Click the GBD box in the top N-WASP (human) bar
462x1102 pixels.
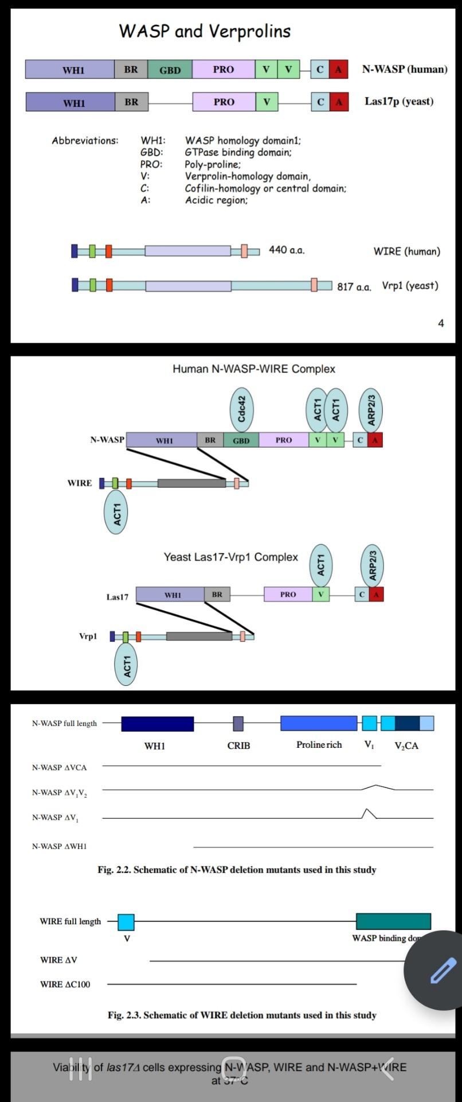(x=170, y=70)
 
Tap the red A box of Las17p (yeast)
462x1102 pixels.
(x=339, y=102)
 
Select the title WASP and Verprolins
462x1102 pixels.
(x=205, y=31)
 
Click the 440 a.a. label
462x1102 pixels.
(x=287, y=250)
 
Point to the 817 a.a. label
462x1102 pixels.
(x=354, y=286)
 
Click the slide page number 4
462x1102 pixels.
(x=441, y=323)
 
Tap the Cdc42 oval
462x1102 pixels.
(x=241, y=409)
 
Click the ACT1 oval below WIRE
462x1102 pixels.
(x=116, y=514)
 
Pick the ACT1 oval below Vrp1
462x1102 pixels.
(x=127, y=665)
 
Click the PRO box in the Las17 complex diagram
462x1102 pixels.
(x=288, y=595)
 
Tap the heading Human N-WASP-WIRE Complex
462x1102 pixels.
(x=254, y=369)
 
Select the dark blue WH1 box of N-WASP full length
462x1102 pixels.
(x=157, y=724)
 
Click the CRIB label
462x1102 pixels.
(x=238, y=746)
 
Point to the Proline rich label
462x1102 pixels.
(x=319, y=745)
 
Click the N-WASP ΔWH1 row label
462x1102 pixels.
(x=59, y=846)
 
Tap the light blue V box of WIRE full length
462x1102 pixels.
(x=126, y=922)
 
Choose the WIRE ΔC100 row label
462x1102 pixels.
(x=65, y=984)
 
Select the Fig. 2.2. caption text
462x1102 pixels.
(x=237, y=870)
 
